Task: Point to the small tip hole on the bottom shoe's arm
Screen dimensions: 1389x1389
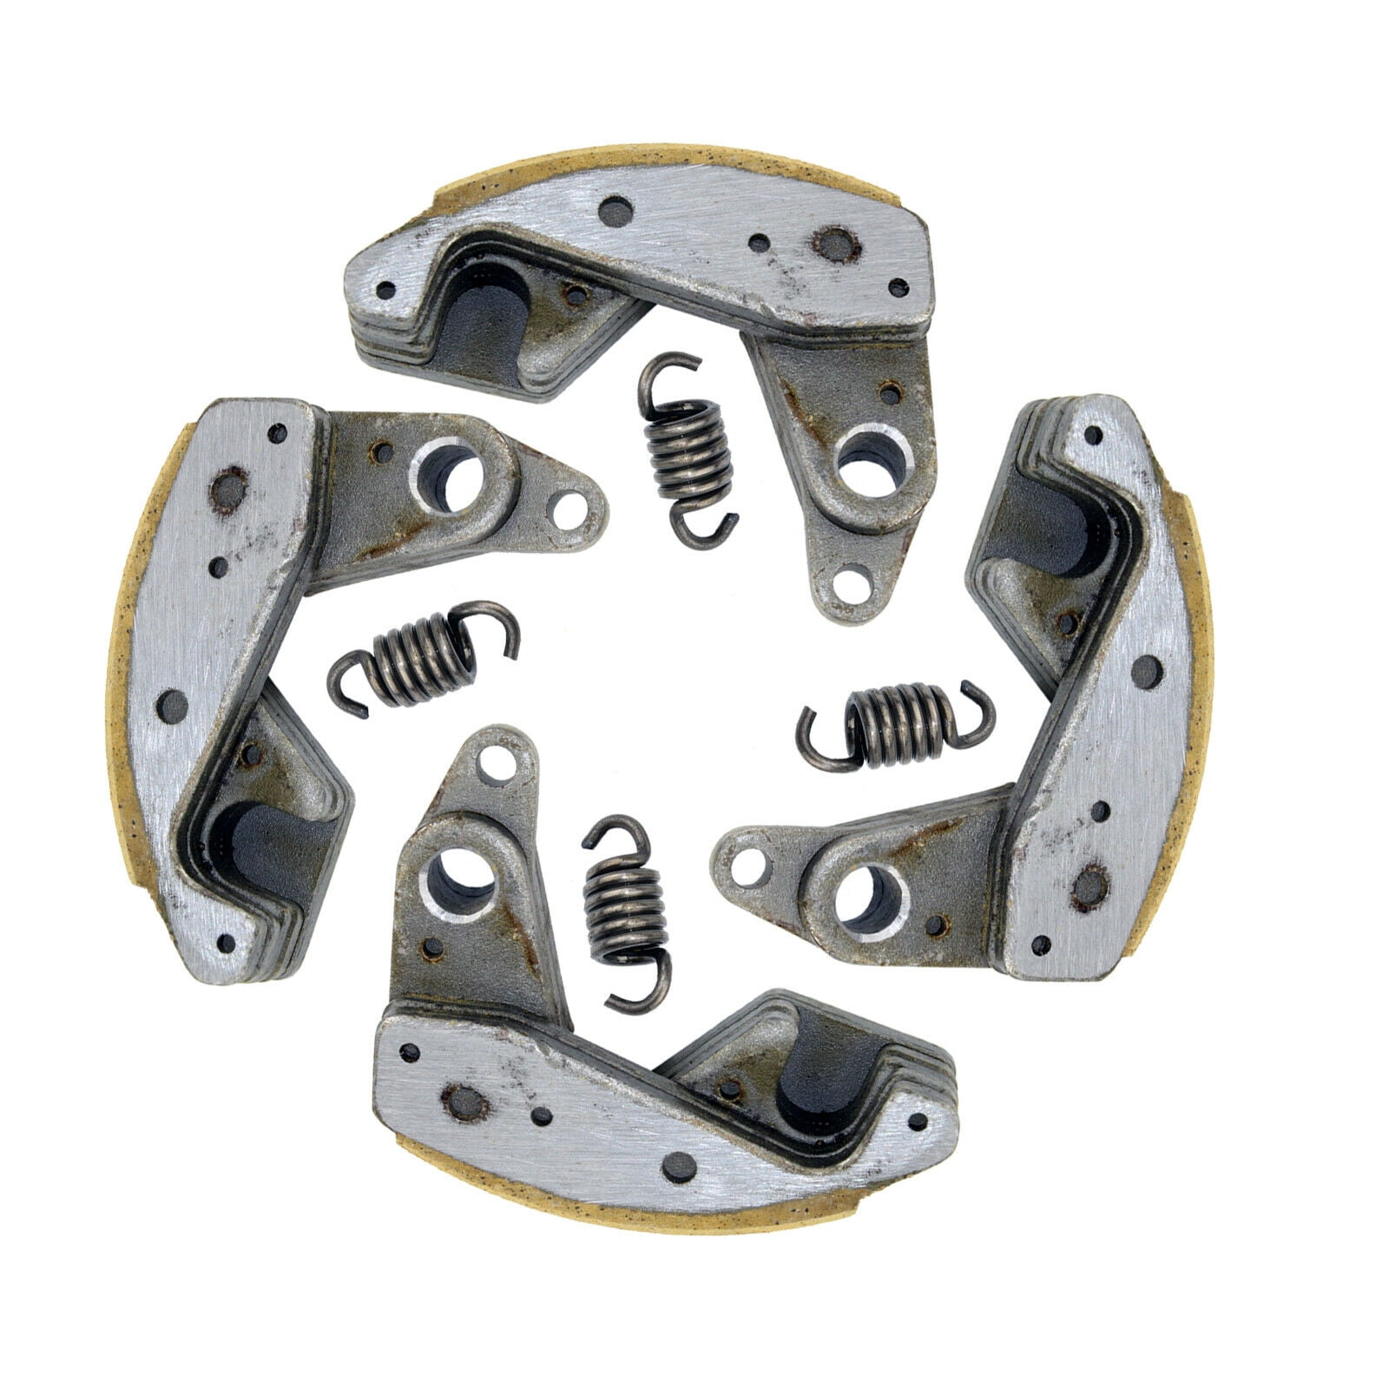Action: pyautogui.click(x=501, y=767)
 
